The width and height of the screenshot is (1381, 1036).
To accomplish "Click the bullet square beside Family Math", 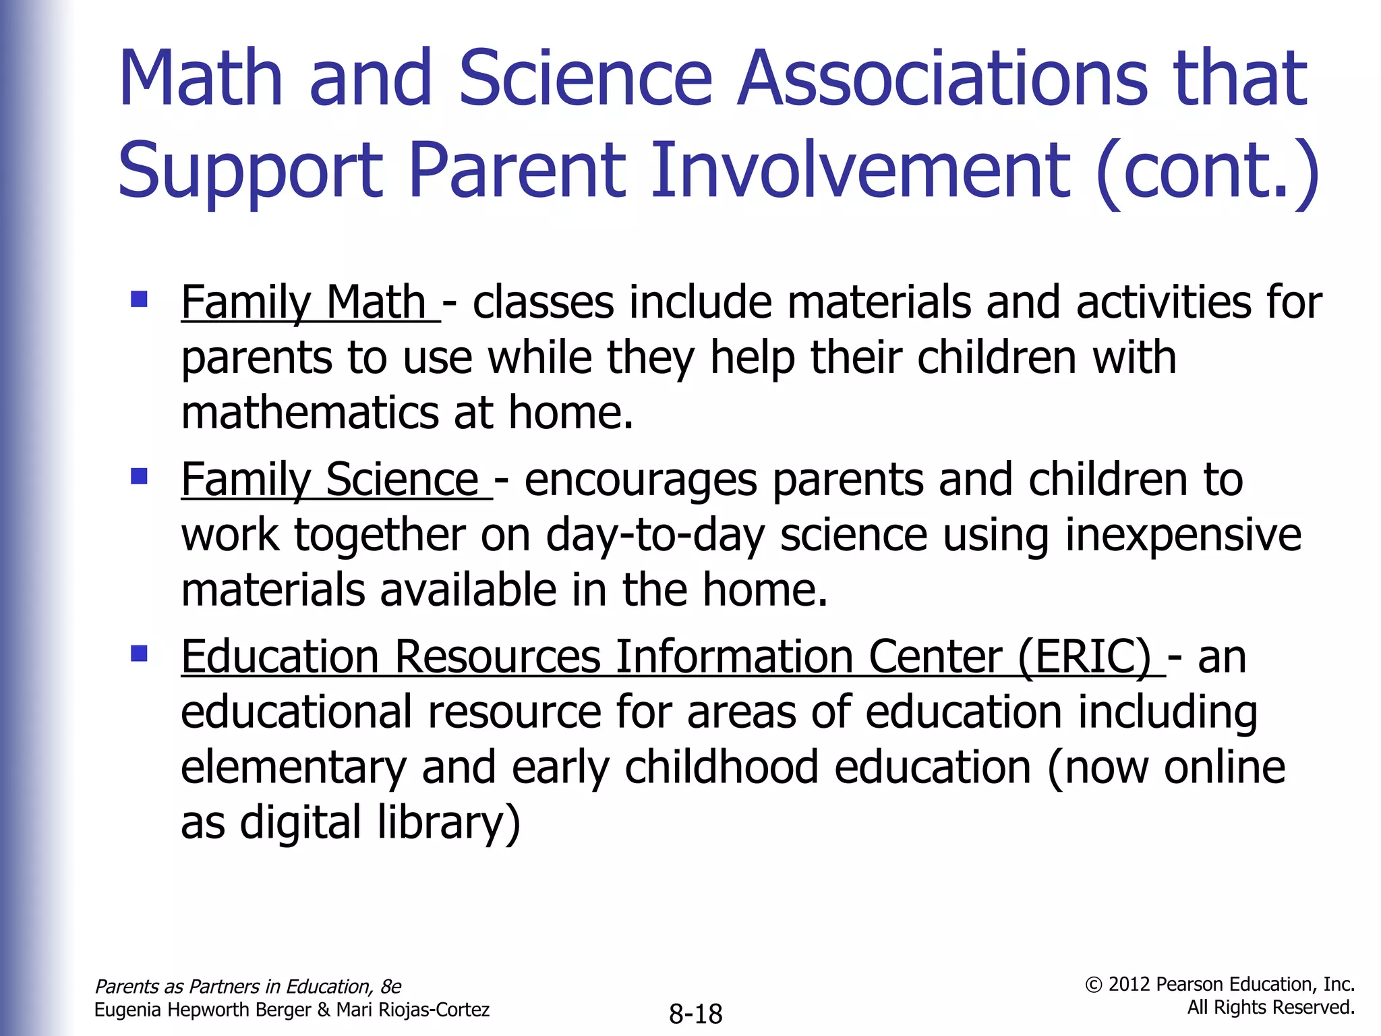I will (140, 299).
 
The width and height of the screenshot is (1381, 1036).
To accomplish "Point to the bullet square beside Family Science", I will (140, 477).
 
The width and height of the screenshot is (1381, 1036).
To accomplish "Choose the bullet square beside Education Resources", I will (140, 654).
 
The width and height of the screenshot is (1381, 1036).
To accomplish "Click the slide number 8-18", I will (695, 1014).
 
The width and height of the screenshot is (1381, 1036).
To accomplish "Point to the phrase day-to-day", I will (655, 536).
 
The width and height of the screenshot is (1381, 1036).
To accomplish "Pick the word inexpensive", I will (1183, 536).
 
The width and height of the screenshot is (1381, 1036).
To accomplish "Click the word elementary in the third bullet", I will (293, 768).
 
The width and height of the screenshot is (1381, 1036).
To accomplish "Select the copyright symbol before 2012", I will (1094, 985).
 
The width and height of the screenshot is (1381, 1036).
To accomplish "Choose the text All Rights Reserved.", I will (1270, 1008).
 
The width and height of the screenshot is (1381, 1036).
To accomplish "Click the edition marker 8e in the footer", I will (390, 987).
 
